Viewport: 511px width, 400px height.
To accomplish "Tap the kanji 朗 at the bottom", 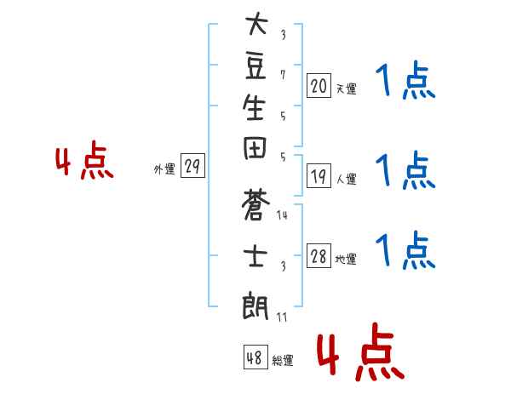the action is (256, 304).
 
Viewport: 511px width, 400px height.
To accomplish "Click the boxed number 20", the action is (319, 85).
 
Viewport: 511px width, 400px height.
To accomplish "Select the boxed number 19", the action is (319, 177).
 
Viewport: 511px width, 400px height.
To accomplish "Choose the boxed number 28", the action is (319, 256).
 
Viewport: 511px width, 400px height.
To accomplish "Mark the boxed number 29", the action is (192, 167).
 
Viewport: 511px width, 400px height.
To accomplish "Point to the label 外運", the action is (164, 169).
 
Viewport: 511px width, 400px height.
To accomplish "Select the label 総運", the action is (283, 361).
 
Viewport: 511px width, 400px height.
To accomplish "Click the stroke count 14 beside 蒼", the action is (282, 216).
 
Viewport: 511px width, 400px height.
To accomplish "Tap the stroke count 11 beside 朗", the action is (282, 317).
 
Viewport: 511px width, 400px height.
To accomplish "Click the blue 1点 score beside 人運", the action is (405, 170).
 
